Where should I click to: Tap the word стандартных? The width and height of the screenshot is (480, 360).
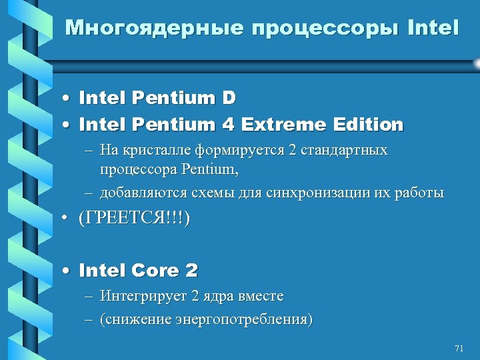tap(345, 150)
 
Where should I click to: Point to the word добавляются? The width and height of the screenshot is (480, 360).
tap(139, 193)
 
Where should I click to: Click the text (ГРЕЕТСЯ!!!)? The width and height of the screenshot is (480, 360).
tap(134, 220)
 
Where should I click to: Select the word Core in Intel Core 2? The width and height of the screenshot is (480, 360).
tap(155, 271)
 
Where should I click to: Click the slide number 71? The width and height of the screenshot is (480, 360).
tap(458, 349)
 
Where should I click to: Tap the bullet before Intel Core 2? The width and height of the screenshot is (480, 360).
tap(67, 271)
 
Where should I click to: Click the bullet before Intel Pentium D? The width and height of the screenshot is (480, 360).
tap(67, 99)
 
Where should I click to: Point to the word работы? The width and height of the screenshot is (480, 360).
tap(420, 193)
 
